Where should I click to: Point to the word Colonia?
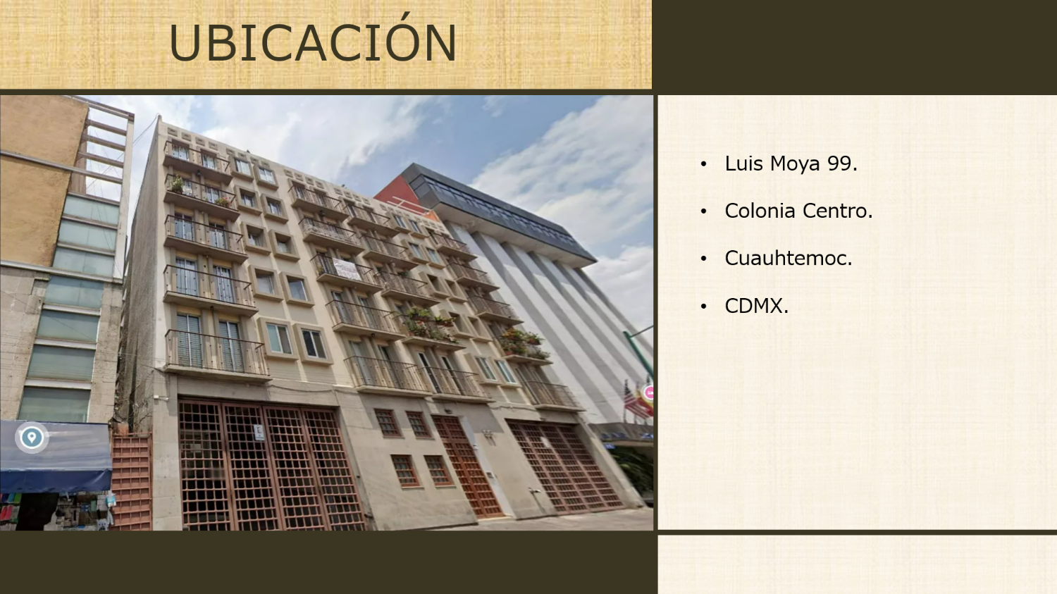760,211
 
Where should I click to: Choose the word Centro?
835,211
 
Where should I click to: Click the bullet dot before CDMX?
703,307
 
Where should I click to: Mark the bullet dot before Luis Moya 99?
703,164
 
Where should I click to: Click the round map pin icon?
32,438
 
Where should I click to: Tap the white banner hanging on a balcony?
347,269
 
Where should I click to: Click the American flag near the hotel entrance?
631,400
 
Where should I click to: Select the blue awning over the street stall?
56,457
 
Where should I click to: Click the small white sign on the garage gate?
259,432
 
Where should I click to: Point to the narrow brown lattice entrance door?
467,466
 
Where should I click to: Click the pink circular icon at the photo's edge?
649,392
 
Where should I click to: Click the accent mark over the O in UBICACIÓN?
403,16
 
